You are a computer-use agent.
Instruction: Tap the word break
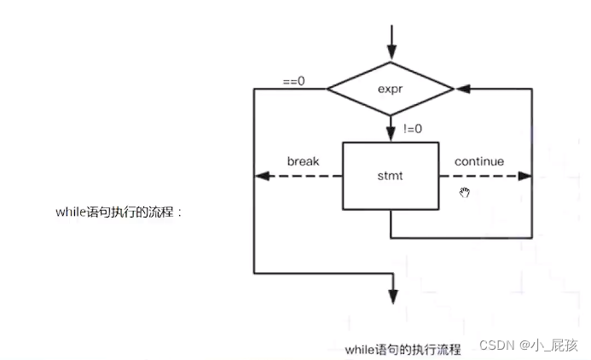[303, 161]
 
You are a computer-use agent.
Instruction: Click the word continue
[478, 161]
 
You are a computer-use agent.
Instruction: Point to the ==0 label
[294, 81]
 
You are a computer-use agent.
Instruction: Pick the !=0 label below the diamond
[412, 130]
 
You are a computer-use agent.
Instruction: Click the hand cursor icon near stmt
[465, 192]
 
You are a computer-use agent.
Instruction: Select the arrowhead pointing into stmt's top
[391, 135]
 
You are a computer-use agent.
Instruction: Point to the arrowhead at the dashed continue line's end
[524, 177]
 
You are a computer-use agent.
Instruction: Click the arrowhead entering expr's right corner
[462, 88]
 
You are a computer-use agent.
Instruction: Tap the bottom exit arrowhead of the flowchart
[392, 295]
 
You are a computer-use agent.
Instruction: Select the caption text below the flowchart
[403, 349]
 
